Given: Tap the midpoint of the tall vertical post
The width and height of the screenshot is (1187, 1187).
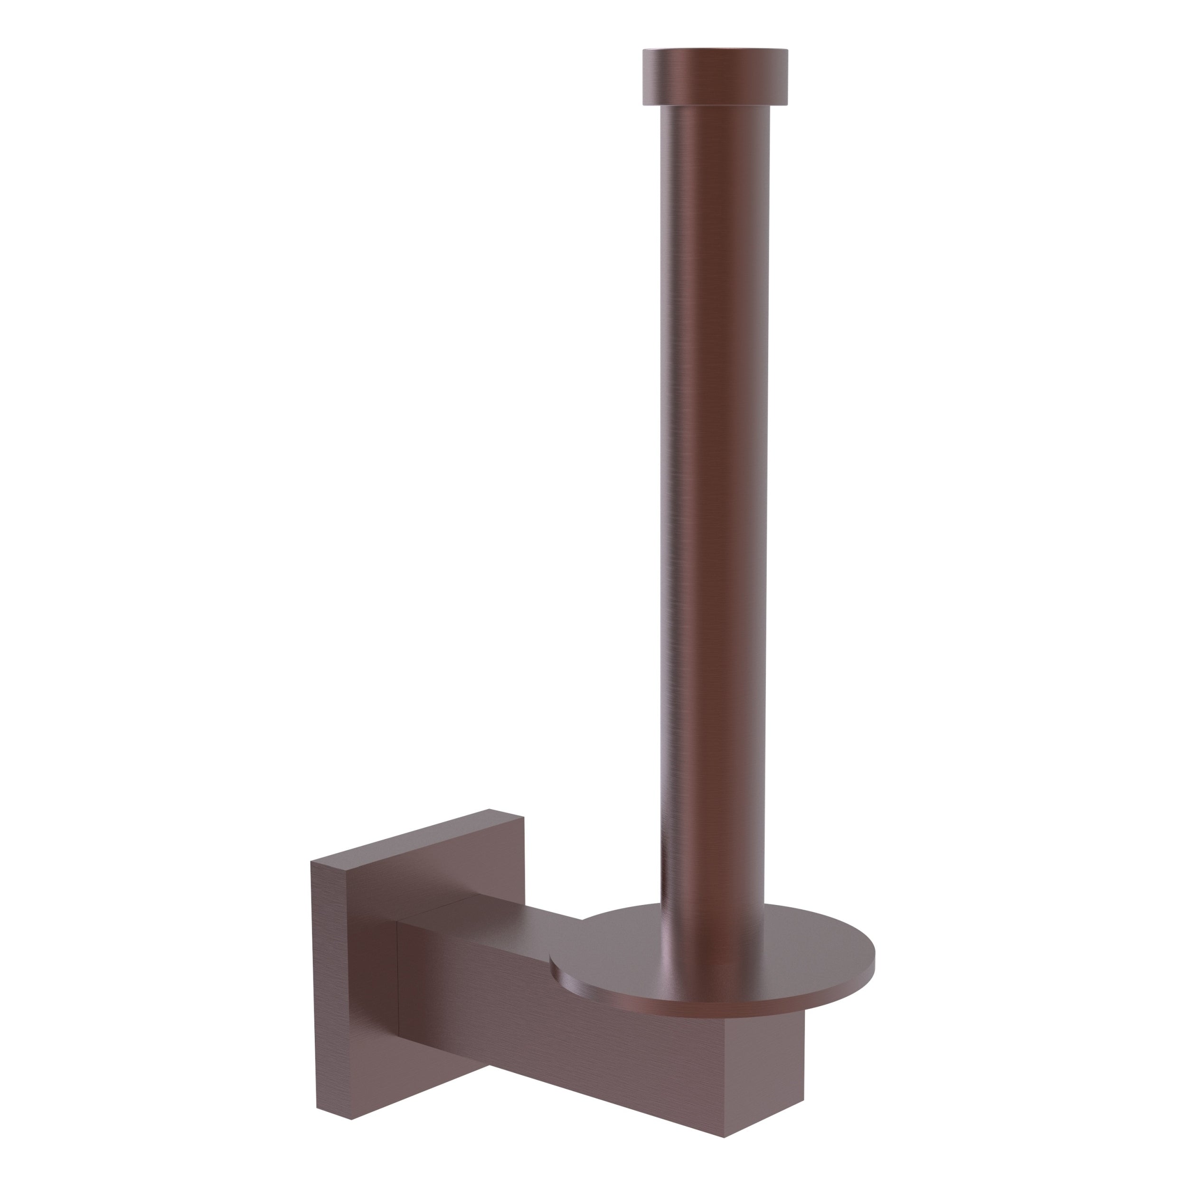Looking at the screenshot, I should pyautogui.click(x=714, y=491).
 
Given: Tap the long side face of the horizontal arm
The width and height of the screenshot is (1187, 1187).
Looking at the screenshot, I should pyautogui.click(x=553, y=1032).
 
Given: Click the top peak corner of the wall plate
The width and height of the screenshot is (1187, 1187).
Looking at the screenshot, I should pyautogui.click(x=489, y=809).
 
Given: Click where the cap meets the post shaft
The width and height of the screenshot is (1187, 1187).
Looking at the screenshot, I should pyautogui.click(x=715, y=106).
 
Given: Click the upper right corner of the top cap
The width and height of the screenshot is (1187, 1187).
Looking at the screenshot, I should pyautogui.click(x=787, y=50).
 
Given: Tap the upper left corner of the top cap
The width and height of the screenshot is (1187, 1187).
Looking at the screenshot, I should pyautogui.click(x=643, y=50).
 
